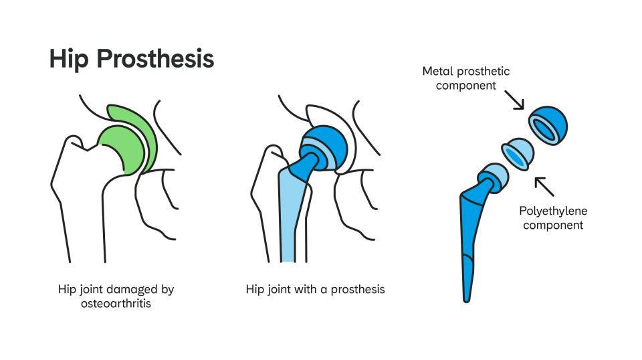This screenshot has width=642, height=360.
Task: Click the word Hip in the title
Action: pyautogui.click(x=69, y=60)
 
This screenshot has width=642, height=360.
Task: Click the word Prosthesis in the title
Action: pyautogui.click(x=155, y=58)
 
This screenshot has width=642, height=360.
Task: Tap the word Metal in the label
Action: pyautogui.click(x=437, y=71)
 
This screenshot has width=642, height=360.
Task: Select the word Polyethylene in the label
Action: pyautogui.click(x=553, y=211)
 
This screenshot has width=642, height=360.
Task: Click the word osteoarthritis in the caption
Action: pyautogui.click(x=116, y=304)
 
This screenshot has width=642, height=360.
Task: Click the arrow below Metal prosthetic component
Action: pyautogui.click(x=514, y=100)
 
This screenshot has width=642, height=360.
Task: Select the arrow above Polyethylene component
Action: pyautogui.click(x=544, y=187)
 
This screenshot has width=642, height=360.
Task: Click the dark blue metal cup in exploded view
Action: pyautogui.click(x=548, y=125)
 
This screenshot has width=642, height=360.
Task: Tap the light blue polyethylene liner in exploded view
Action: pyautogui.click(x=518, y=154)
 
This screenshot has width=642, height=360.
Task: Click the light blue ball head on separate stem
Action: pyautogui.click(x=495, y=176)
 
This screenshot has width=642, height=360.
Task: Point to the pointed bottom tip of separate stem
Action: pyautogui.click(x=466, y=301)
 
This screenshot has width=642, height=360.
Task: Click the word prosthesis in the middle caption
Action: pyautogui.click(x=357, y=290)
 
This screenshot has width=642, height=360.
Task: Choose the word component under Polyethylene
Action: pyautogui.click(x=553, y=226)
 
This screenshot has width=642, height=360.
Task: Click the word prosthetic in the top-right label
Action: pyautogui.click(x=483, y=72)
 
